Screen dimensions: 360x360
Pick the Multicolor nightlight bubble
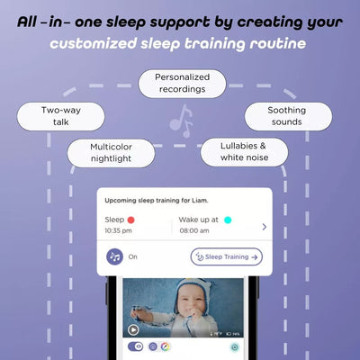[111, 151]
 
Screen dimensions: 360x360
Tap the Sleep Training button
[226, 256]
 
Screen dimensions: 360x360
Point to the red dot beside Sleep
[132, 219]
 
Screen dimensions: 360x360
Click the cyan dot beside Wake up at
[228, 219]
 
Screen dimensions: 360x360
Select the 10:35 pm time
[120, 230]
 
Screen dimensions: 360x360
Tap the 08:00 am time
[194, 230]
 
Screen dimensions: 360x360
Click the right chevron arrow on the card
[264, 226]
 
